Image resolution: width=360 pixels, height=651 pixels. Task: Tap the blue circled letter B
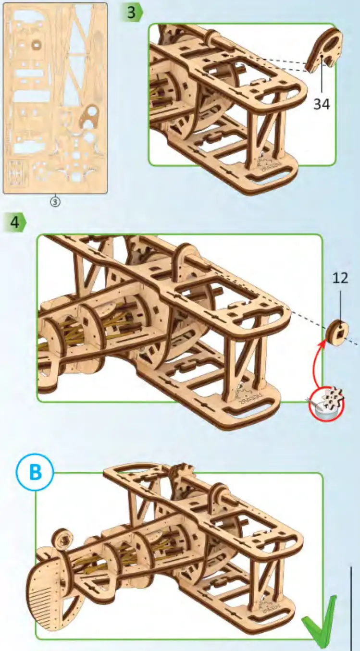[36, 473]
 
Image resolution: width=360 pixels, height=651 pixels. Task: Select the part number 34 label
[322, 103]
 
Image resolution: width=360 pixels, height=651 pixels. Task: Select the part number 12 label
[340, 278]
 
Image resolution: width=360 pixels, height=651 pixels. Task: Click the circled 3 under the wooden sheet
[55, 202]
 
